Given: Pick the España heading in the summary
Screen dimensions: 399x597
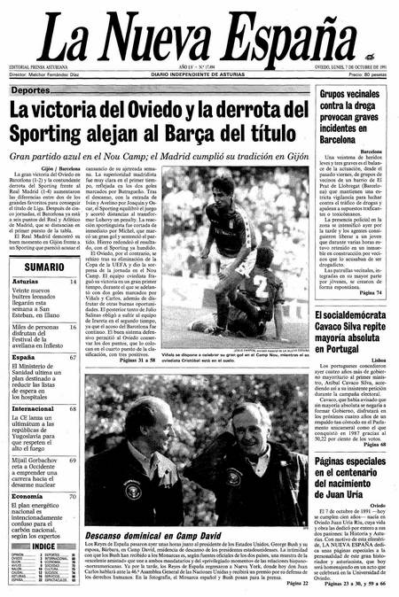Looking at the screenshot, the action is (24, 358).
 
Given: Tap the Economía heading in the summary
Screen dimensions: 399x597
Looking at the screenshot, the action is (27, 496).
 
